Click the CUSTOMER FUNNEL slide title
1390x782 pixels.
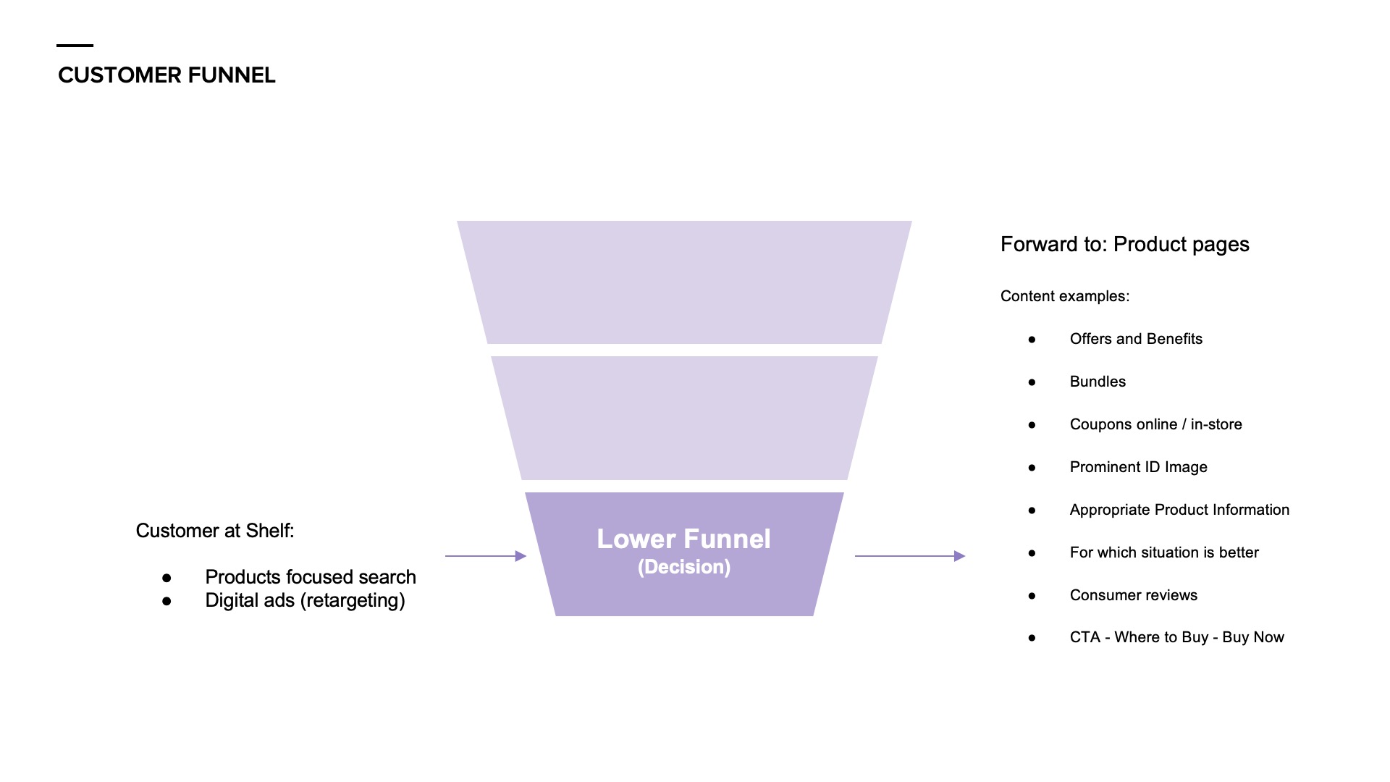pyautogui.click(x=167, y=75)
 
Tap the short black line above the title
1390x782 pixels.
pyautogui.click(x=75, y=46)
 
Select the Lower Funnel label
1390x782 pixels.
pyautogui.click(x=683, y=539)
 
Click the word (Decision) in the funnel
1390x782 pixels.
pyautogui.click(x=683, y=567)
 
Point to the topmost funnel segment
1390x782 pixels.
pyautogui.click(x=684, y=282)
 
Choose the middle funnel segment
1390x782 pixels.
pyautogui.click(x=684, y=418)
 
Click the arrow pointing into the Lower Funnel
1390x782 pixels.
pyautogui.click(x=485, y=556)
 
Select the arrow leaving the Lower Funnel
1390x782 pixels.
pyautogui.click(x=910, y=556)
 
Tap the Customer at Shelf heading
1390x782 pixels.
pyautogui.click(x=215, y=531)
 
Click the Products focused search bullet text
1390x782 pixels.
pyautogui.click(x=311, y=577)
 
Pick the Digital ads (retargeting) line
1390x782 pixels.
pyautogui.click(x=305, y=600)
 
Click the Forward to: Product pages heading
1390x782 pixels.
pyautogui.click(x=1124, y=245)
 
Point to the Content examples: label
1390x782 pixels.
pyautogui.click(x=1065, y=296)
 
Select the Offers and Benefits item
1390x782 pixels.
pyautogui.click(x=1136, y=339)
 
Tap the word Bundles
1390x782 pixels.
pyautogui.click(x=1098, y=382)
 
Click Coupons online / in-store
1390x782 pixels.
pyautogui.click(x=1155, y=424)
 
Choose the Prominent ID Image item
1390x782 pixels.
pyautogui.click(x=1138, y=467)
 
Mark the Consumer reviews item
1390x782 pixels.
pyautogui.click(x=1133, y=595)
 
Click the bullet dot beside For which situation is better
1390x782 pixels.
pyautogui.click(x=1032, y=553)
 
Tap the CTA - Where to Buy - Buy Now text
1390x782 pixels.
pyautogui.click(x=1176, y=637)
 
